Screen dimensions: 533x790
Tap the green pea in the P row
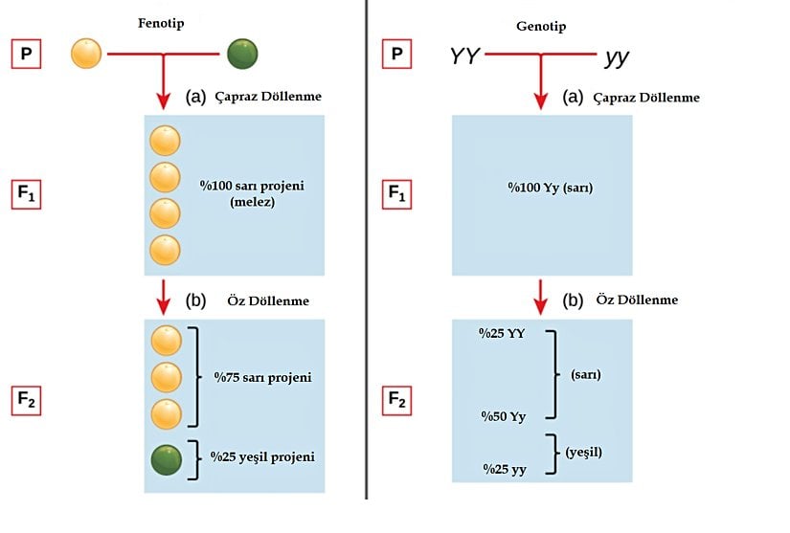[242, 55]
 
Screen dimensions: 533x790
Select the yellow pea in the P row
[86, 55]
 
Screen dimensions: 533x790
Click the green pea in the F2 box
[167, 460]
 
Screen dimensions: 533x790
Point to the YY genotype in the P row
[465, 56]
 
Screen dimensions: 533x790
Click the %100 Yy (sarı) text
[550, 188]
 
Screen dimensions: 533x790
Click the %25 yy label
[503, 468]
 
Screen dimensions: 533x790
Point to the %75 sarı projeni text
[262, 377]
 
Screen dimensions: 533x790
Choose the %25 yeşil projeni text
[262, 456]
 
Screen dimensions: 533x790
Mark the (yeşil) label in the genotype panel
[587, 450]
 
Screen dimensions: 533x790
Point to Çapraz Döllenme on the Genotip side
[646, 98]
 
